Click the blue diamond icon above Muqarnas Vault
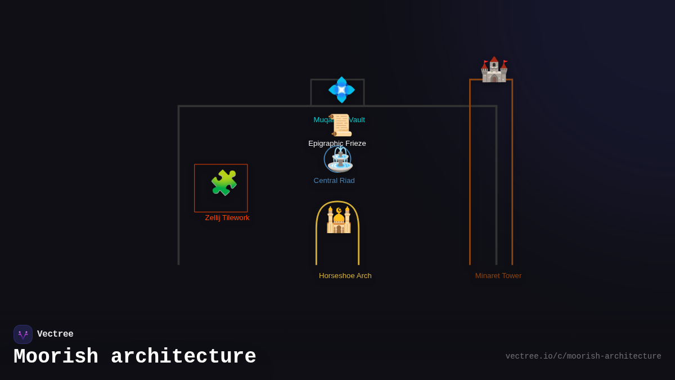pos(341,90)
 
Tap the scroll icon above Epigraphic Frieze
pos(341,125)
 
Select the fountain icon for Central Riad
pos(339,159)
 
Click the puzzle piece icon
pos(223,183)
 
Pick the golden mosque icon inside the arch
pos(339,220)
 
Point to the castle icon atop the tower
pos(494,70)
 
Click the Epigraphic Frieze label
pos(337,144)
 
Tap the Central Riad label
pos(334,181)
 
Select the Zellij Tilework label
pos(227,218)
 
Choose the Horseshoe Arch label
pos(345,276)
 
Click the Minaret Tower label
pos(498,276)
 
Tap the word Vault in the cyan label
pos(357,120)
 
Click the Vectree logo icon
pos(23,334)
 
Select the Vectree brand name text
pos(55,334)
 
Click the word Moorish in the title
pos(56,357)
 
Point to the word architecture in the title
pos(183,357)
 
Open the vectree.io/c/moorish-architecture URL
pos(583,356)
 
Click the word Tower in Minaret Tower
pos(511,276)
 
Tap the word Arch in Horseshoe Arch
pos(363,276)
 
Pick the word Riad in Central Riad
pos(346,181)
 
